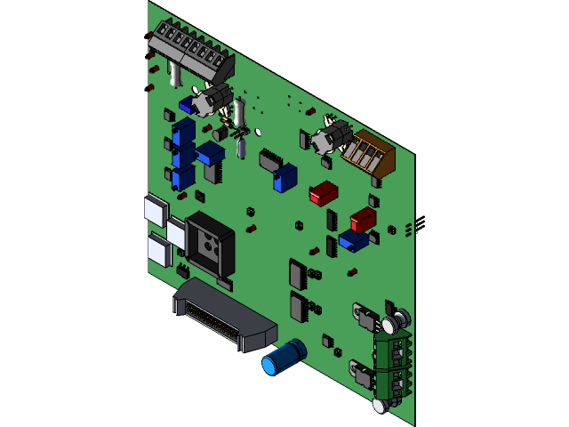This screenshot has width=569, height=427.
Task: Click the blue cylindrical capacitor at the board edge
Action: pos(283,357)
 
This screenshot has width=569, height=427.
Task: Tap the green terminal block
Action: pos(392,362)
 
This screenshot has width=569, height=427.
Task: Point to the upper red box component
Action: pos(324,193)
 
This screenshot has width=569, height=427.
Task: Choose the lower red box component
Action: pos(363,220)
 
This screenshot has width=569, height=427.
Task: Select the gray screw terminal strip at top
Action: pos(191,50)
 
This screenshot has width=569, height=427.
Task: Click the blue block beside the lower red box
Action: pos(353,240)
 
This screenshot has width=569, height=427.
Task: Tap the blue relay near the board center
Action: pos(284,177)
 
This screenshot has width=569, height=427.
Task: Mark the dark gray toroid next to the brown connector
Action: pos(331,136)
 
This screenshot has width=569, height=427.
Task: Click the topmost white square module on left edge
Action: pos(155,210)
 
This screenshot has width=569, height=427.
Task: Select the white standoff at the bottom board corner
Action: pos(380,406)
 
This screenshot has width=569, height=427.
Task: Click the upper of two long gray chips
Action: pos(297,274)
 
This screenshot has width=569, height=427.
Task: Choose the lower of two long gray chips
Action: pos(298,307)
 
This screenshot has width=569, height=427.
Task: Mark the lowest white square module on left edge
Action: pos(157,251)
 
